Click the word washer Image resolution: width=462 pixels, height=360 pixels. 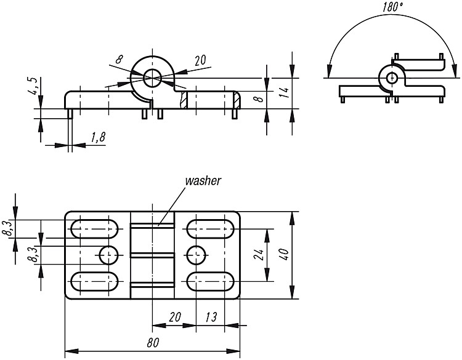pyautogui.click(x=203, y=181)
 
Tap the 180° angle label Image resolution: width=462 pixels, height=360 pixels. pyautogui.click(x=393, y=7)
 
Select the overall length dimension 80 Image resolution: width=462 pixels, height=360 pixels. pyautogui.click(x=153, y=343)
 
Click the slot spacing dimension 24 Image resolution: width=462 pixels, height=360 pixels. pyautogui.click(x=259, y=255)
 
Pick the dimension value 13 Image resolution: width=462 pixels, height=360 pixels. pyautogui.click(x=211, y=317)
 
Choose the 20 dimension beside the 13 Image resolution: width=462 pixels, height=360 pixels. pyautogui.click(x=175, y=317)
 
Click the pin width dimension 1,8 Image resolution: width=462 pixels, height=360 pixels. pyautogui.click(x=98, y=137)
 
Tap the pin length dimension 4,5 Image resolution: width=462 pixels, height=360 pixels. pyautogui.click(x=33, y=86)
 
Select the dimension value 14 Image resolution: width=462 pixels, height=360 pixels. pyautogui.click(x=284, y=92)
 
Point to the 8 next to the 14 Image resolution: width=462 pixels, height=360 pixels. pyautogui.click(x=259, y=98)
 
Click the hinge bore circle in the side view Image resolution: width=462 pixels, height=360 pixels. pyautogui.click(x=152, y=78)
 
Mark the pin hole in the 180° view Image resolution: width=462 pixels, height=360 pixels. pyautogui.click(x=392, y=78)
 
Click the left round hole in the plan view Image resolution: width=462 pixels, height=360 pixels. pyautogui.click(x=108, y=255)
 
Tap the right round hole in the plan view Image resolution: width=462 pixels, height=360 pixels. pyautogui.click(x=196, y=255)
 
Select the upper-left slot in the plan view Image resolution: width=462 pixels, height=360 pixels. pyautogui.click(x=94, y=229)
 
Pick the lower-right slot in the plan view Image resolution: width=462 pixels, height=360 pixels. pyautogui.click(x=211, y=281)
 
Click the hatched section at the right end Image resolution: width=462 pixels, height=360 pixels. pyautogui.click(x=237, y=100)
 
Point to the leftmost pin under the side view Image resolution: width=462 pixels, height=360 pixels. pyautogui.click(x=70, y=114)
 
